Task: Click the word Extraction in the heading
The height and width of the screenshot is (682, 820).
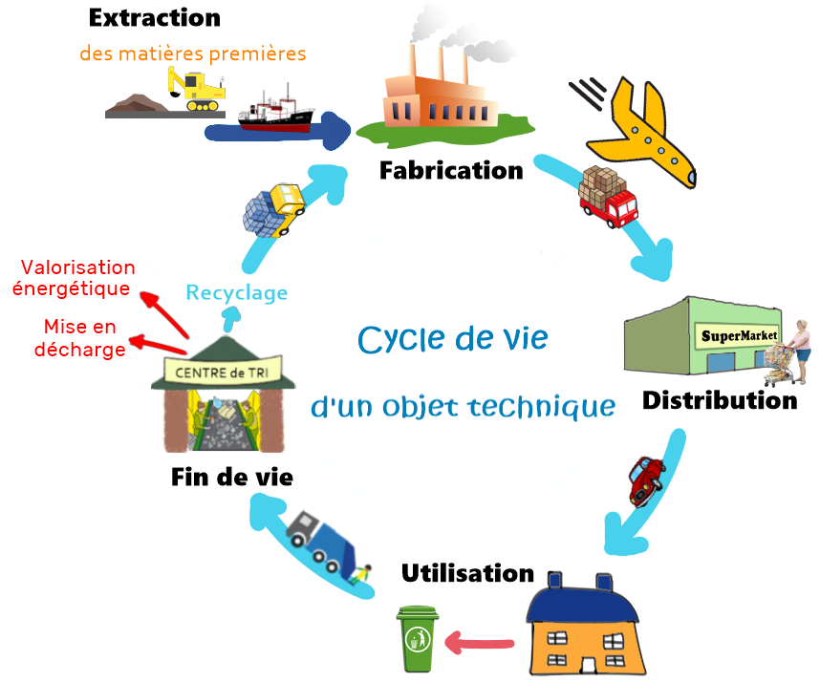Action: (x=154, y=18)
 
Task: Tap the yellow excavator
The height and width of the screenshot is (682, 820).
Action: (x=196, y=89)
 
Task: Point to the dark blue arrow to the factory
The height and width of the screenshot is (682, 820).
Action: (x=277, y=132)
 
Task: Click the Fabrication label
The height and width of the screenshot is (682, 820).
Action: (x=451, y=170)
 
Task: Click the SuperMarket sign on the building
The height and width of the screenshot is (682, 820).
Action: (x=739, y=335)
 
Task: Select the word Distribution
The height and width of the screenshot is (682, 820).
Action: (x=720, y=400)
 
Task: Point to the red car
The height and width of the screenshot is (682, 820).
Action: (x=646, y=480)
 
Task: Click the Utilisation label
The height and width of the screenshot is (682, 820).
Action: (x=467, y=573)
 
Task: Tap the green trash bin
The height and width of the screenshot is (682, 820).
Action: (x=418, y=639)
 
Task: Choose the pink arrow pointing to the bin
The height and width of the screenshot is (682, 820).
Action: (x=479, y=643)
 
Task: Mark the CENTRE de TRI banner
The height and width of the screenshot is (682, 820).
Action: (x=223, y=372)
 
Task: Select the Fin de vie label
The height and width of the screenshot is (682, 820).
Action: (x=231, y=478)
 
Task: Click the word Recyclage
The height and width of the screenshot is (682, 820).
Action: (x=236, y=293)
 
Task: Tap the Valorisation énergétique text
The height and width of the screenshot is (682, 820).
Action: (x=74, y=278)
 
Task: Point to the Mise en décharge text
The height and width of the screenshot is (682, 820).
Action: (x=80, y=337)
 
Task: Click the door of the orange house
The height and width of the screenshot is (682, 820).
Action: (x=589, y=665)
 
